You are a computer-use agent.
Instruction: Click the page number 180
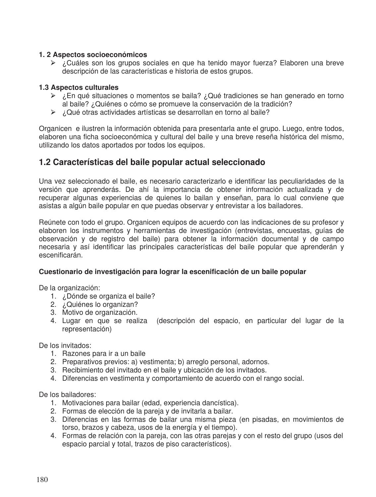point(42,479)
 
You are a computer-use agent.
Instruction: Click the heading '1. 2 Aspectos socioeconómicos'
point(93,55)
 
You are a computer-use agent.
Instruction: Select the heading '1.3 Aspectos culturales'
point(79,88)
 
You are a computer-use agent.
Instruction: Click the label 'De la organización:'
point(69,288)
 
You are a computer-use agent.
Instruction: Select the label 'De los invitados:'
point(65,346)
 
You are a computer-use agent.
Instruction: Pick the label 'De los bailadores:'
point(67,395)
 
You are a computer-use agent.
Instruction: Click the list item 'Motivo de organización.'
point(100,312)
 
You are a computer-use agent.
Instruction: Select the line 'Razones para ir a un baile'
point(104,354)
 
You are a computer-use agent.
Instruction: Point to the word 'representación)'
point(87,329)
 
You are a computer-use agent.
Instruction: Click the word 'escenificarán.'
point(61,255)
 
